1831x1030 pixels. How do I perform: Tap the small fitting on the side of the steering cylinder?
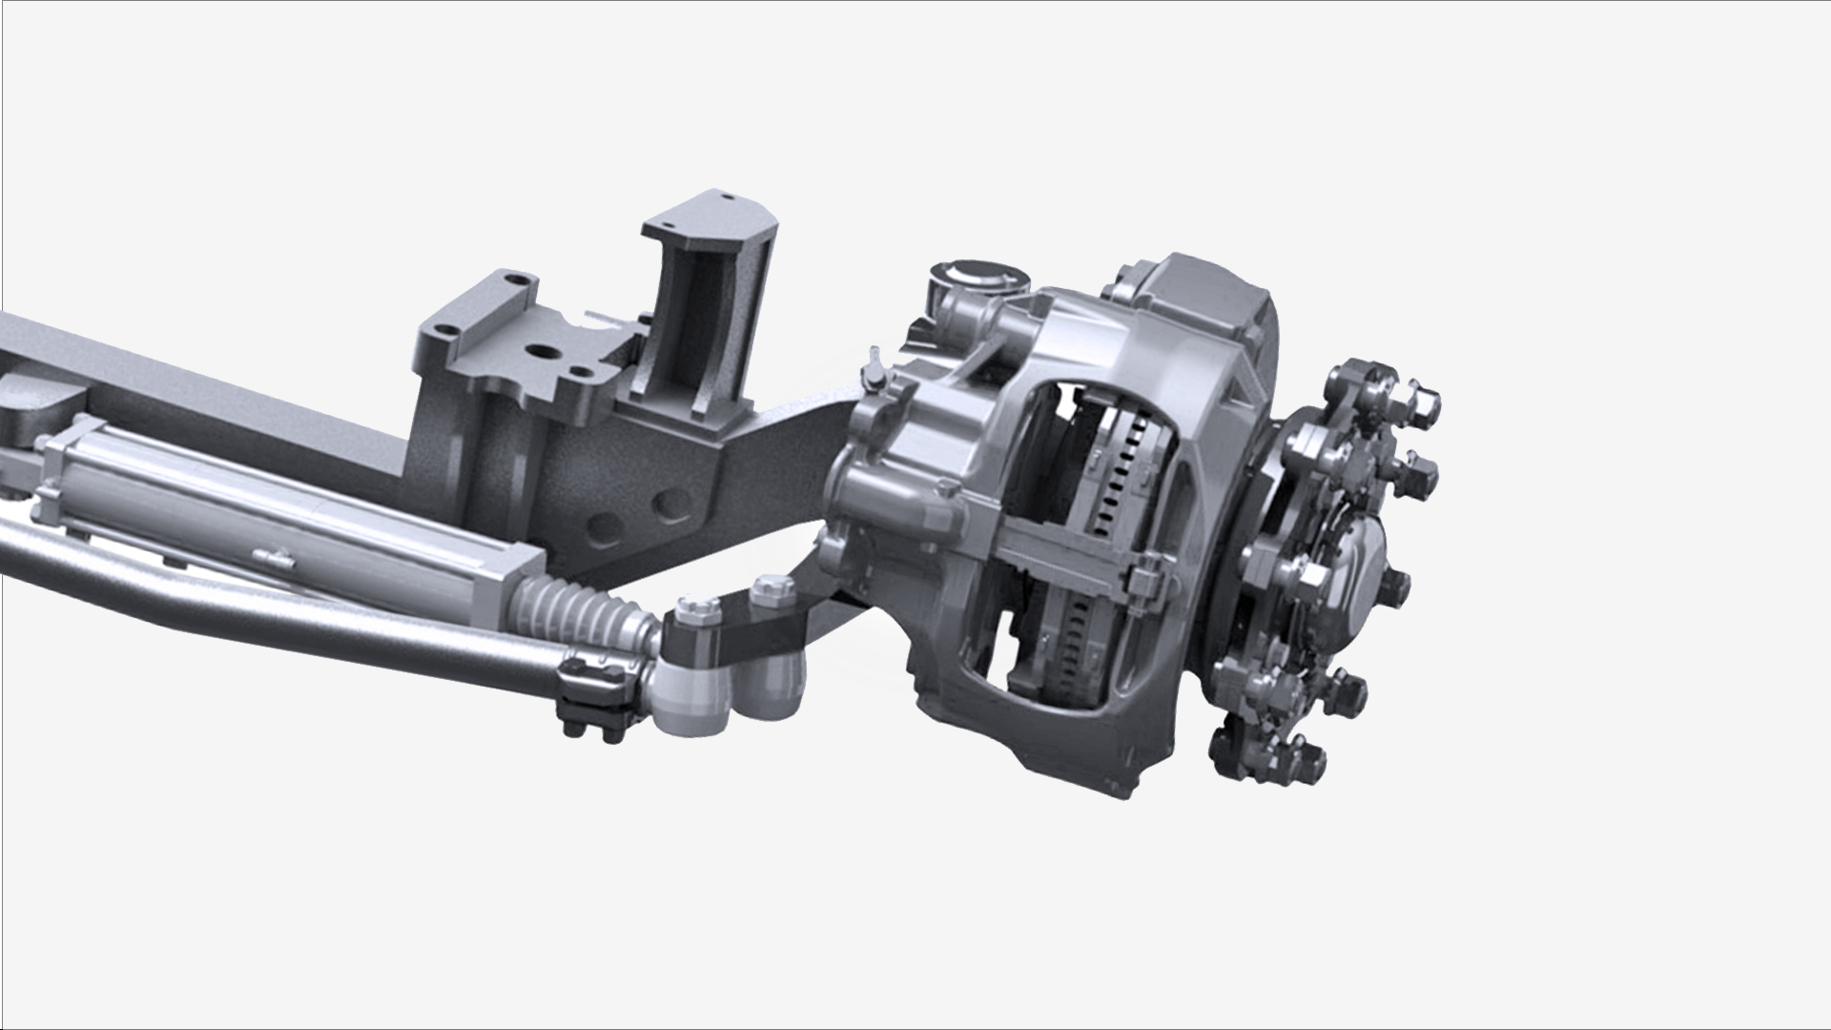pyautogui.click(x=273, y=558)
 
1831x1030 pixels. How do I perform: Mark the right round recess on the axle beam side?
pyautogui.click(x=672, y=505)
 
